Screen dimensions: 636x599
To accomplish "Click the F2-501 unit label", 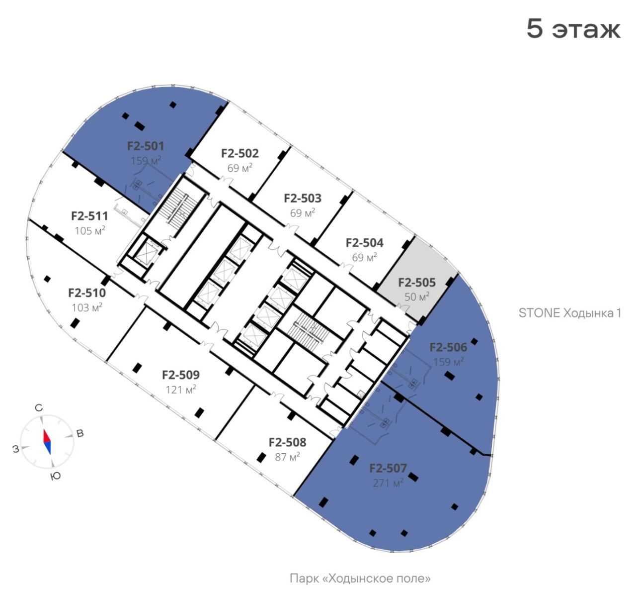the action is point(146,146).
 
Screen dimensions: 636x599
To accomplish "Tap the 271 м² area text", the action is point(388,483).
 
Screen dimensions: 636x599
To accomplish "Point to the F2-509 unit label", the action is point(181,375).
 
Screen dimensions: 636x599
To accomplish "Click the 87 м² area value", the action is point(287,457).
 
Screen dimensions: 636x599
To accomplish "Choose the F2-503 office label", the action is point(303,199).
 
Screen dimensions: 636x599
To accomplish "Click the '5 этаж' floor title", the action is point(573,29).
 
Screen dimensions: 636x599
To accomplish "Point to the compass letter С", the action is point(39,408).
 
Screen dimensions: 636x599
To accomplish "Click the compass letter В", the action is point(80,434).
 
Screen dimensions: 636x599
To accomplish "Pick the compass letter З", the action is point(16,449).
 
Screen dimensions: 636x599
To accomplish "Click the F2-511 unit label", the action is point(89,216).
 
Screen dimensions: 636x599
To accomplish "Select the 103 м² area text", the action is point(87,307).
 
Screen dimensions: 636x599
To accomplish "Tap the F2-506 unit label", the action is point(448,347).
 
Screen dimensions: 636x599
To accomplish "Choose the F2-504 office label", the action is point(364,243).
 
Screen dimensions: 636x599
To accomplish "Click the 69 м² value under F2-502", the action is point(240,168).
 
